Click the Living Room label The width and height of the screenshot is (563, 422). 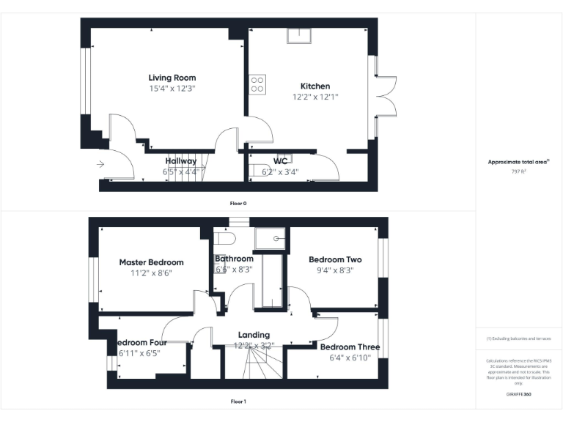click(172, 78)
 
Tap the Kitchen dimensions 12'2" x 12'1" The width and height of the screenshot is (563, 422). click(315, 97)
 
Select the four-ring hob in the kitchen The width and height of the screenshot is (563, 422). click(257, 84)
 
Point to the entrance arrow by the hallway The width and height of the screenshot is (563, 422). click(101, 165)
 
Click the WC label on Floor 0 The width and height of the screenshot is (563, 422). click(280, 160)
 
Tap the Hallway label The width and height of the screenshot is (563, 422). click(180, 161)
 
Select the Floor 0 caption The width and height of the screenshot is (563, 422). click(238, 202)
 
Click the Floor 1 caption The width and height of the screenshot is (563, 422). click(238, 401)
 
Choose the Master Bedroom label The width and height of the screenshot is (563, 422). click(151, 262)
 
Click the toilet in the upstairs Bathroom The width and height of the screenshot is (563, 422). click(225, 240)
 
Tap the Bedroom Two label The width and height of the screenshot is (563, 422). click(336, 259)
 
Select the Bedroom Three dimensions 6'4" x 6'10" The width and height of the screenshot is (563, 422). click(350, 358)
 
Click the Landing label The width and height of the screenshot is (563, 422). click(254, 335)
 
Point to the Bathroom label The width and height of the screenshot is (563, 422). click(234, 259)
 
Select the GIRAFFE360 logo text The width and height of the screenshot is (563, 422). click(518, 394)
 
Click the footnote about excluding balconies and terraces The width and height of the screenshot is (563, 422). click(518, 338)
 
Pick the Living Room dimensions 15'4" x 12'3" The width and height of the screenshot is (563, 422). click(172, 88)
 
